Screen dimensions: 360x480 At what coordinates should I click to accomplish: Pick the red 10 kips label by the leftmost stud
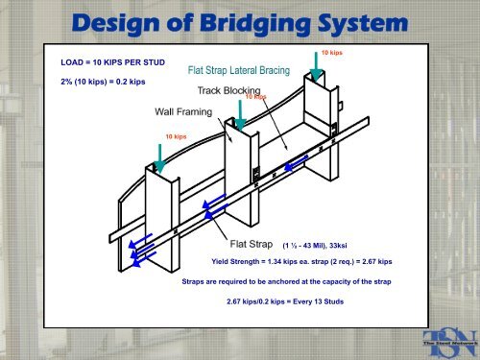click(x=175, y=137)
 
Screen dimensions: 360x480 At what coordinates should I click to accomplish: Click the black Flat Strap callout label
click(x=252, y=244)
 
